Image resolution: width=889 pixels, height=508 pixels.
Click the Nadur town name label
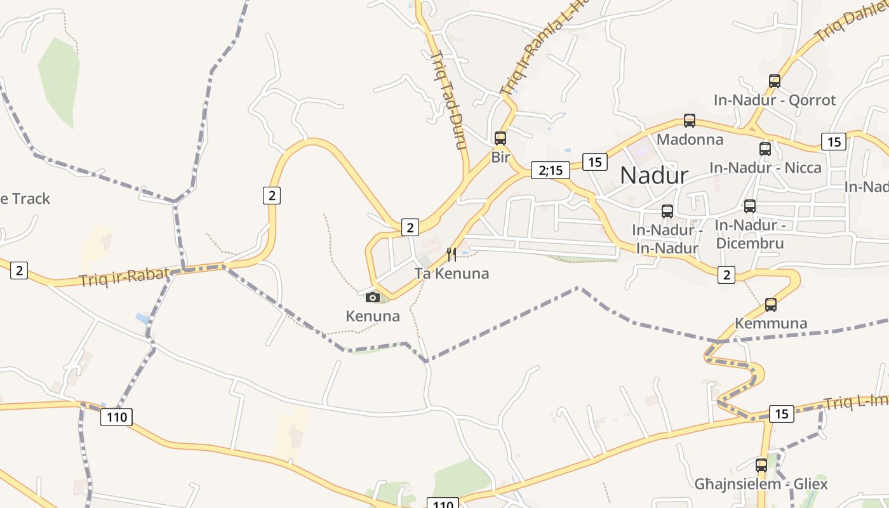pyautogui.click(x=654, y=175)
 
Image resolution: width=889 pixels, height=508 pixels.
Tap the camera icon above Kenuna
pyautogui.click(x=373, y=297)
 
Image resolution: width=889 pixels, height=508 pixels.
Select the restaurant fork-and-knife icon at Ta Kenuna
pyautogui.click(x=451, y=255)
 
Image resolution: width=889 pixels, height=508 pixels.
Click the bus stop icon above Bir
pyautogui.click(x=500, y=138)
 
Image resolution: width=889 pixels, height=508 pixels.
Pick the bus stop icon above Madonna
pyautogui.click(x=690, y=120)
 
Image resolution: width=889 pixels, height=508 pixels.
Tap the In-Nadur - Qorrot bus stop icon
pyautogui.click(x=775, y=81)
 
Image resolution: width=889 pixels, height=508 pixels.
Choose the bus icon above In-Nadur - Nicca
pyautogui.click(x=765, y=149)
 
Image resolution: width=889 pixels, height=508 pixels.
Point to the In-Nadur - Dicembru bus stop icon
pyautogui.click(x=750, y=206)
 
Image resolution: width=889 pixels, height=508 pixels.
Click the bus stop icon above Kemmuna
pyautogui.click(x=771, y=304)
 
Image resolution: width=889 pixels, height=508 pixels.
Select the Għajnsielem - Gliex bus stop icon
pyautogui.click(x=761, y=465)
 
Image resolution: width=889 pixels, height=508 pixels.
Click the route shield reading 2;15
pyautogui.click(x=551, y=170)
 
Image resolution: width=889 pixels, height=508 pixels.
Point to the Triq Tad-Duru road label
pyautogui.click(x=449, y=100)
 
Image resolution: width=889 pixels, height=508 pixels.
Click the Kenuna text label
pyautogui.click(x=373, y=316)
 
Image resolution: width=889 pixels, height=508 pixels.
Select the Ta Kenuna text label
pyautogui.click(x=451, y=274)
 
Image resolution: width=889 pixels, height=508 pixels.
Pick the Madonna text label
pyautogui.click(x=690, y=139)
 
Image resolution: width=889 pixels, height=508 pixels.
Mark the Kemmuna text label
pyautogui.click(x=771, y=323)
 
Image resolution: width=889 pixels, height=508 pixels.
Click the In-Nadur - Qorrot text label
pyautogui.click(x=775, y=100)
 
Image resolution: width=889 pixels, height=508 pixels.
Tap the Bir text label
pyautogui.click(x=500, y=157)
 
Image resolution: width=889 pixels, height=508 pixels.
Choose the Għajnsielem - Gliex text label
pyautogui.click(x=761, y=485)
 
